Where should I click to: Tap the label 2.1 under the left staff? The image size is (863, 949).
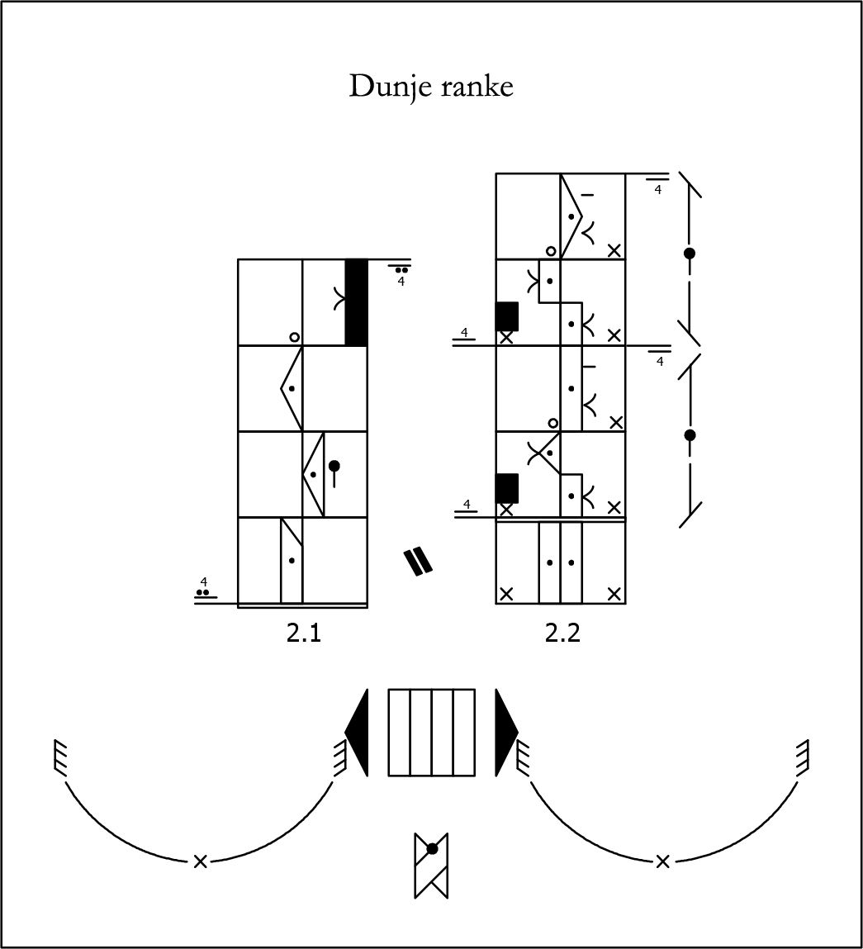tap(303, 633)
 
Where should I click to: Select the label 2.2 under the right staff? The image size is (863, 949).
tap(562, 633)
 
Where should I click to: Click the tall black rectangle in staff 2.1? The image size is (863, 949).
tap(356, 301)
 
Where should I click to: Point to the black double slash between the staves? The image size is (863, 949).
tap(418, 561)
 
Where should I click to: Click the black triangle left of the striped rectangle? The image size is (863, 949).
tap(357, 732)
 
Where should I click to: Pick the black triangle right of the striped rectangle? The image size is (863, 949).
tap(505, 732)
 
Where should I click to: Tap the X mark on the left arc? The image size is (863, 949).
tap(199, 861)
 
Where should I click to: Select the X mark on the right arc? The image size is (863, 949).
tap(662, 861)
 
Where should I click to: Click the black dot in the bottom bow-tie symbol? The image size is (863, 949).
tap(431, 848)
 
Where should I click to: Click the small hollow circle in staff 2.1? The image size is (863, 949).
tap(294, 337)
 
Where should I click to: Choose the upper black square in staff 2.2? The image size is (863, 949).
tap(506, 316)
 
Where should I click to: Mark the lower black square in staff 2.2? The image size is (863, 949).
tap(506, 487)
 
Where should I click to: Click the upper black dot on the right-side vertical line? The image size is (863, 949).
tap(690, 254)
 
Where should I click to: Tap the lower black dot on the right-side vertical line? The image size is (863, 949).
tap(690, 434)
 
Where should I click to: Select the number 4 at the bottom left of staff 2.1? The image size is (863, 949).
tap(203, 581)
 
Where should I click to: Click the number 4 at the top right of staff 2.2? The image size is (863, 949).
tap(657, 191)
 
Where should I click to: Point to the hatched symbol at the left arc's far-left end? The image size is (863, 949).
tap(59, 756)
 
